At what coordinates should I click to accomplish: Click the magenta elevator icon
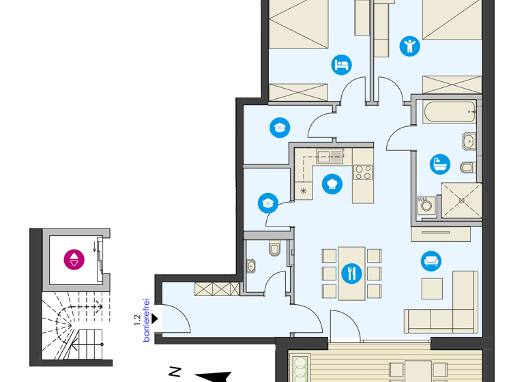tap(74, 259)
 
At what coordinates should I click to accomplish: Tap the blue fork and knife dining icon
tap(351, 274)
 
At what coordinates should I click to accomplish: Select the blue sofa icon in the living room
tap(431, 261)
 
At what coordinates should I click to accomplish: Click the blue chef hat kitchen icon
tap(332, 183)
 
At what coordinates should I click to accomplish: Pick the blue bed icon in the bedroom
tap(342, 65)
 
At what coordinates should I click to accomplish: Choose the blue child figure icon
tap(409, 46)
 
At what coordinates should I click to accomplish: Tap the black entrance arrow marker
tap(156, 319)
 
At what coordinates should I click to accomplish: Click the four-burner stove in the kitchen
tap(363, 172)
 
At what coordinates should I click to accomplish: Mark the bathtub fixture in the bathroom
tap(448, 111)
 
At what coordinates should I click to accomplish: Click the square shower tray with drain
tap(461, 201)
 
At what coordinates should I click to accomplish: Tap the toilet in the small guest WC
tap(275, 249)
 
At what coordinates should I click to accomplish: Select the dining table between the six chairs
tap(351, 273)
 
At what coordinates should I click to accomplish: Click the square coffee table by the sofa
tap(432, 289)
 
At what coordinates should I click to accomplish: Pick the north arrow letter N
tap(175, 372)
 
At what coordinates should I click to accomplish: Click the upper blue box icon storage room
tap(280, 127)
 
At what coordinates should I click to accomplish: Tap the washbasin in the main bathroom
tap(468, 141)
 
